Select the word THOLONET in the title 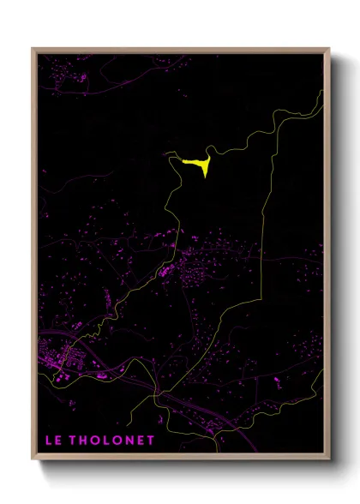pyautogui.click(x=113, y=441)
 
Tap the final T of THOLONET pyautogui.click(x=151, y=441)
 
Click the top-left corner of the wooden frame pyautogui.click(x=33, y=49)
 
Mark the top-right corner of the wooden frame pyautogui.click(x=329, y=49)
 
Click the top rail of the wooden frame pyautogui.click(x=180, y=50)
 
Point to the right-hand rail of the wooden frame pyautogui.click(x=327, y=257)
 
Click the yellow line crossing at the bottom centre pyautogui.click(x=156, y=395)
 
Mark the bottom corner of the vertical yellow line pyautogui.click(x=260, y=258)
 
